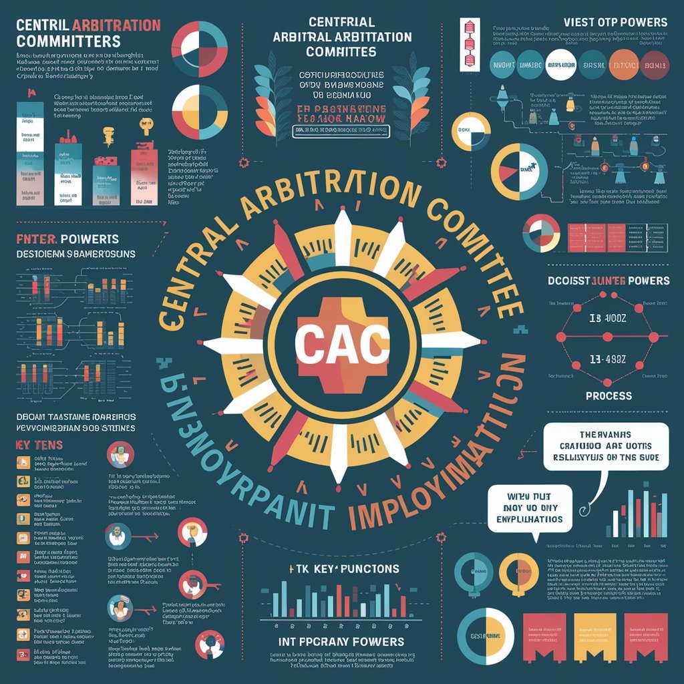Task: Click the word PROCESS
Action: (x=609, y=395)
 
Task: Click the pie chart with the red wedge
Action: (x=520, y=170)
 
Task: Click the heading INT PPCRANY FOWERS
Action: (x=342, y=641)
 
